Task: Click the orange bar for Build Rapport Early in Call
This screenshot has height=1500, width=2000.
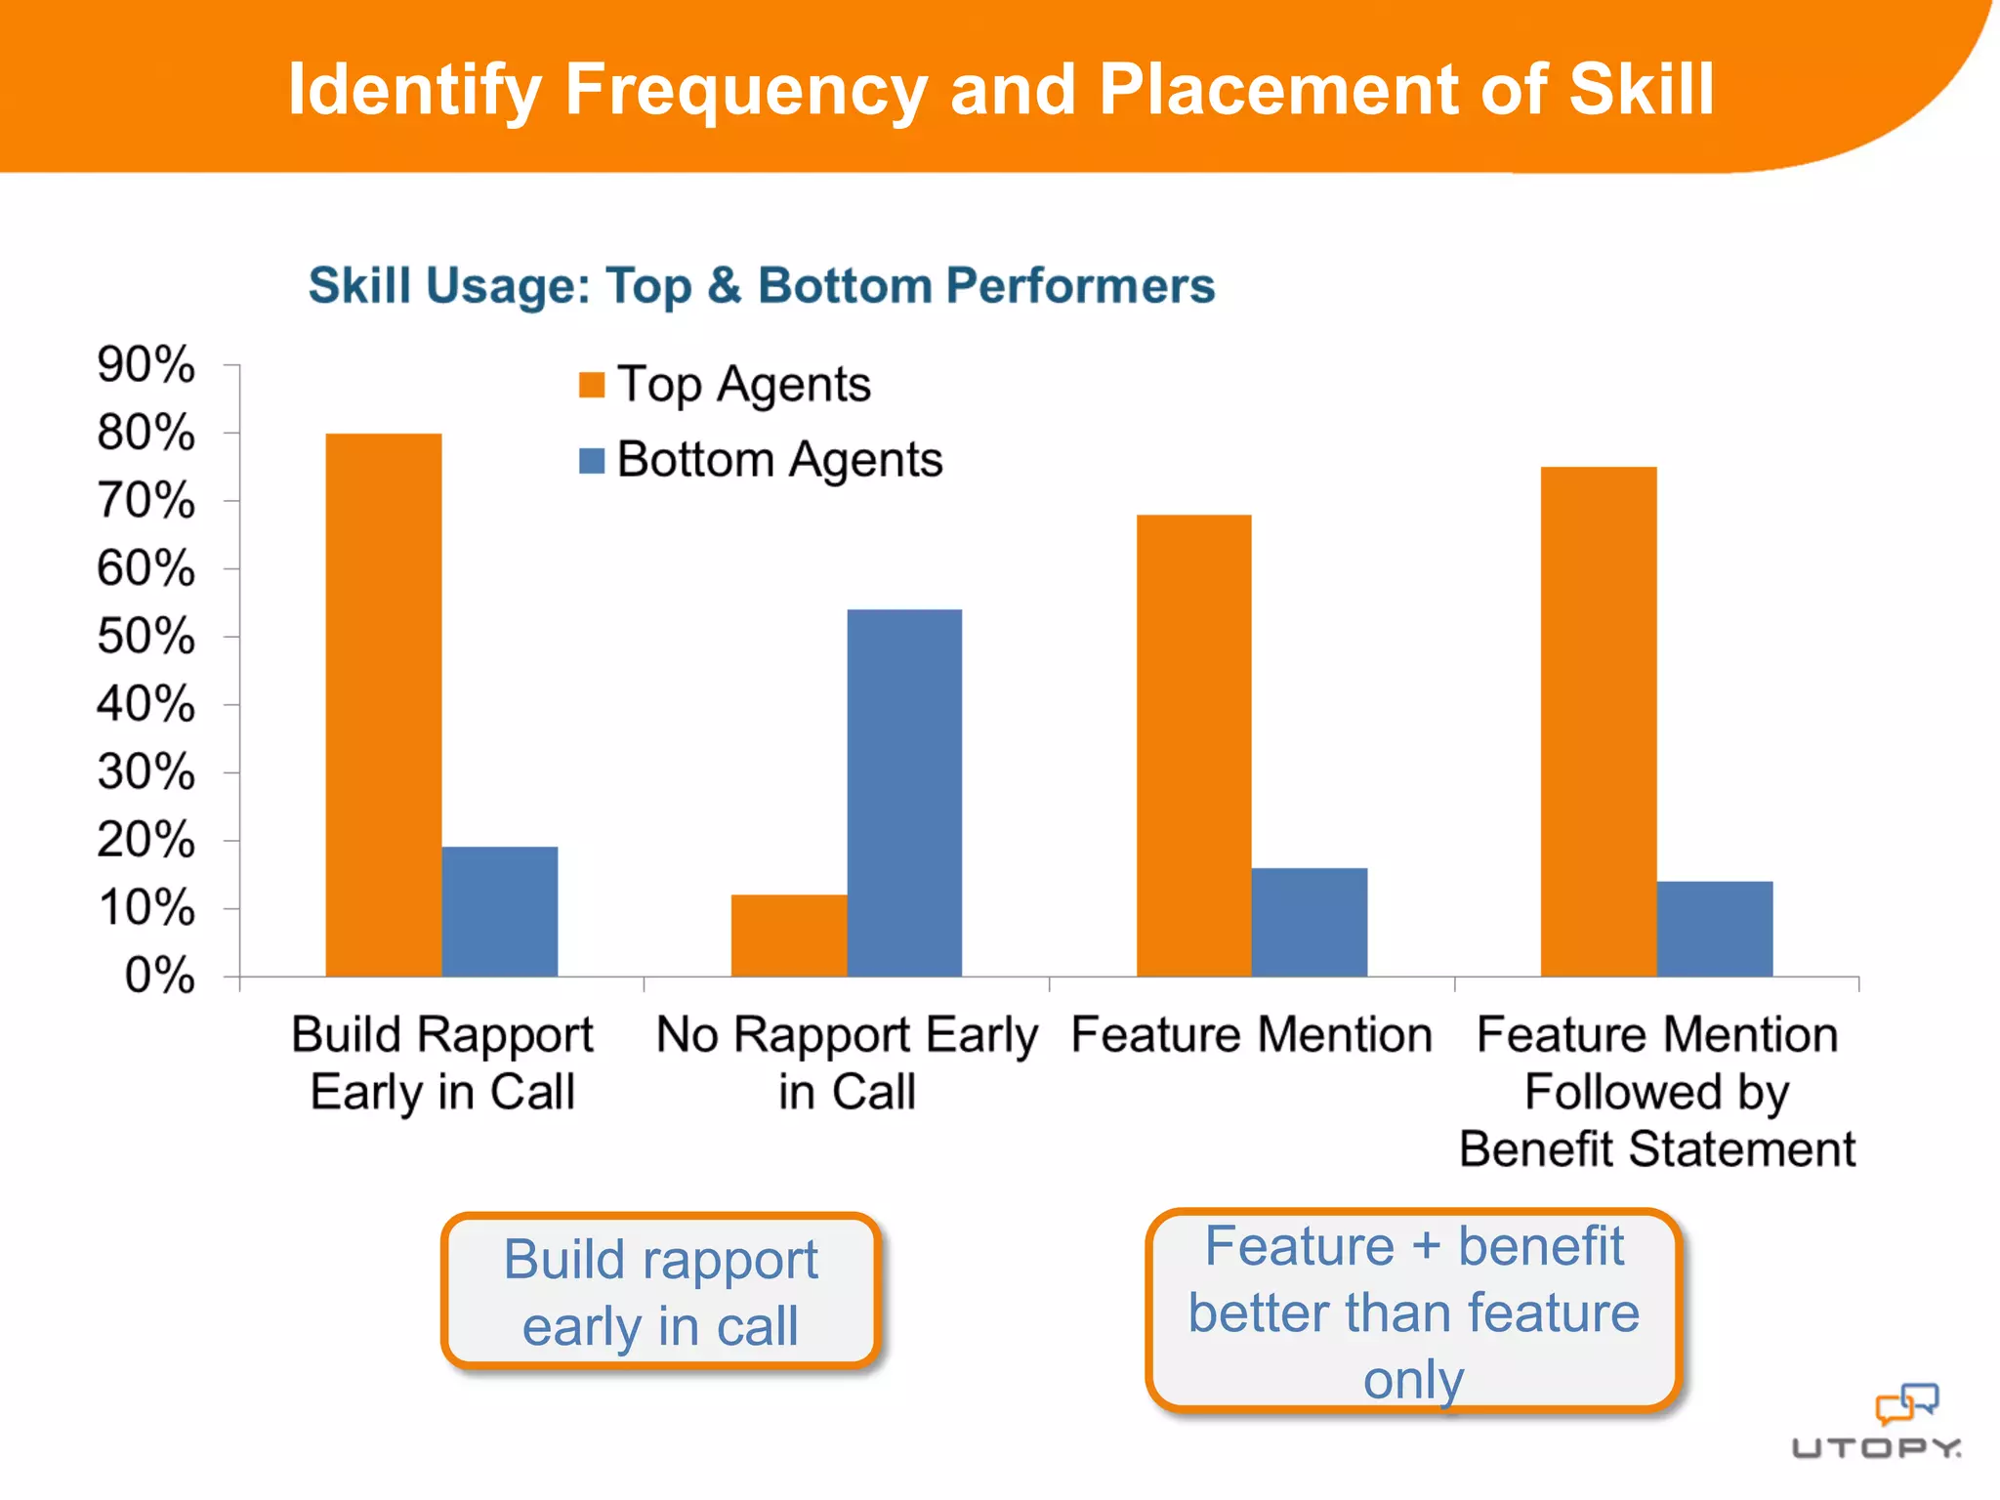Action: point(383,704)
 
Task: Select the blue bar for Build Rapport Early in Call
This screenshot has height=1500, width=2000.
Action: point(499,911)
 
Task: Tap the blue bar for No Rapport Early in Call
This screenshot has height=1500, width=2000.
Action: point(904,792)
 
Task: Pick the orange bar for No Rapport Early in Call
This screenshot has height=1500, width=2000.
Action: point(788,935)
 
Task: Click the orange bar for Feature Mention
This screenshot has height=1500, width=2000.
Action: point(1193,745)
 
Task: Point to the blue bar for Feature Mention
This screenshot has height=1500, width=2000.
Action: point(1310,922)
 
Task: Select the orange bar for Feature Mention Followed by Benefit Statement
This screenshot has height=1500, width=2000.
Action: point(1599,721)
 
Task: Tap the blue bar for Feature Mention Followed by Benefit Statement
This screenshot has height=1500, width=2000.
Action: point(1715,929)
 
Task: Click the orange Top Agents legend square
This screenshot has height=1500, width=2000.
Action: point(592,385)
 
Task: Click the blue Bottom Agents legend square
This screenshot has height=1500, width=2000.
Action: point(592,460)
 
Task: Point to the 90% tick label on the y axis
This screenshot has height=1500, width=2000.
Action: point(146,365)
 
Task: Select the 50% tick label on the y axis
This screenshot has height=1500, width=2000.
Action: point(146,637)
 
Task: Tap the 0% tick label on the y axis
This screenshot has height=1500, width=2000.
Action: point(159,976)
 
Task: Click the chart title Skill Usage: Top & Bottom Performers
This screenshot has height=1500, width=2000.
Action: point(762,286)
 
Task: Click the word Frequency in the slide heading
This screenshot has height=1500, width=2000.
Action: point(745,90)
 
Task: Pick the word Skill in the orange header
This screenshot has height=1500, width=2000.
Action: point(1641,90)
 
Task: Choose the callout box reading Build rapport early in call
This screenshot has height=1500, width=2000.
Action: point(661,1291)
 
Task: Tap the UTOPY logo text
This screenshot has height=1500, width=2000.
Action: point(1876,1447)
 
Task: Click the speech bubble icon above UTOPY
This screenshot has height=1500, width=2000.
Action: point(1906,1403)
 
